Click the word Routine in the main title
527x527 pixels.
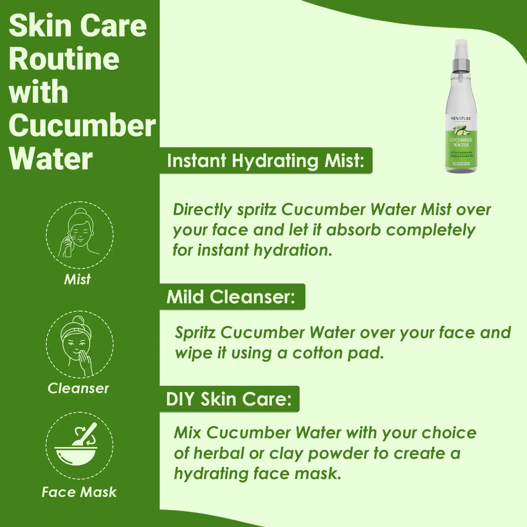click(64, 59)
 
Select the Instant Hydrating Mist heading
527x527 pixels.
click(266, 161)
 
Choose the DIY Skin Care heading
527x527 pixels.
click(229, 400)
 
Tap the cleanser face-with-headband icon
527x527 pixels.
click(79, 345)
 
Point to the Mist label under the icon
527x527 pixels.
click(77, 279)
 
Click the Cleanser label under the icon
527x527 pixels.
click(78, 388)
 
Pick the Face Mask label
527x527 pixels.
click(79, 492)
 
